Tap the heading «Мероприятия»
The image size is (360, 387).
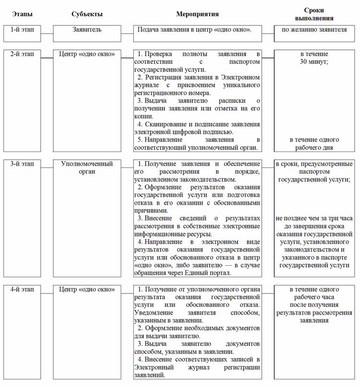197,14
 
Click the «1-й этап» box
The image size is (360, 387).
23,30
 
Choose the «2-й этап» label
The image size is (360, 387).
23,54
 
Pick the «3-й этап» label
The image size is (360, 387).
23,164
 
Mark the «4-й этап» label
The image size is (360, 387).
23,289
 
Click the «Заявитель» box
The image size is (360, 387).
87,30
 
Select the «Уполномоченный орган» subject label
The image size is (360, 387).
87,167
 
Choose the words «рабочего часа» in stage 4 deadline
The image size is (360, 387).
314,297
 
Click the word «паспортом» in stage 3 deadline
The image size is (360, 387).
314,171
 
